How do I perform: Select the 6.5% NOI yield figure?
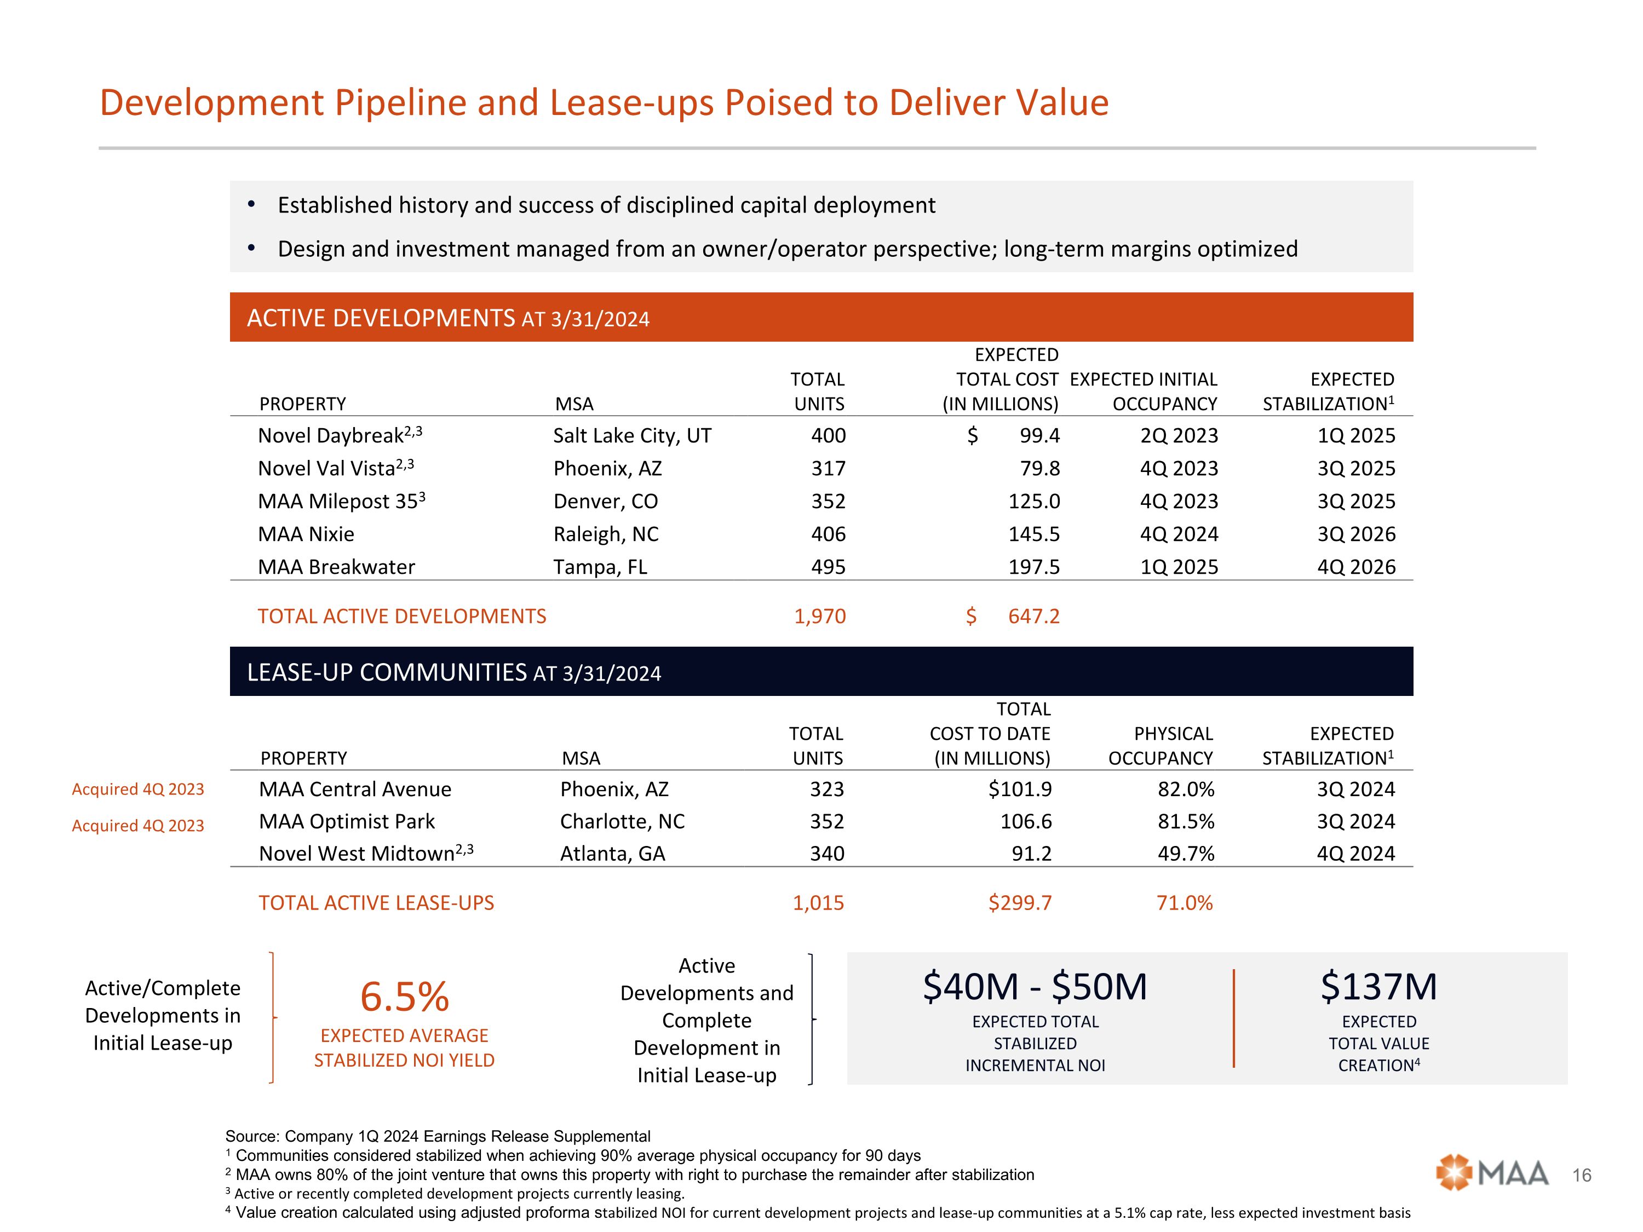click(x=404, y=997)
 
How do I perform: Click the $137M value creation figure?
click(x=1378, y=987)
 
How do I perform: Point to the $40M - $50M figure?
click(x=1035, y=987)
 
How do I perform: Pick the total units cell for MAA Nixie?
click(x=828, y=534)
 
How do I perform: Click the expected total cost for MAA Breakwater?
click(x=1034, y=567)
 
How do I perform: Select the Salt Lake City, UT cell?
click(x=632, y=436)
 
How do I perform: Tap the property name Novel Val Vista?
click(x=326, y=469)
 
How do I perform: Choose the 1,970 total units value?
click(x=820, y=617)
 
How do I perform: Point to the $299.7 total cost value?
click(x=1020, y=903)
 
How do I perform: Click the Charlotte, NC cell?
click(x=623, y=821)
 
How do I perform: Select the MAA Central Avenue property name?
click(x=355, y=790)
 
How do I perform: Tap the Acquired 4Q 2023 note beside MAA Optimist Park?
click(x=138, y=826)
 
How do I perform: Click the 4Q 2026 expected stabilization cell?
click(x=1356, y=567)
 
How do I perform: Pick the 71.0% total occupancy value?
click(x=1184, y=903)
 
